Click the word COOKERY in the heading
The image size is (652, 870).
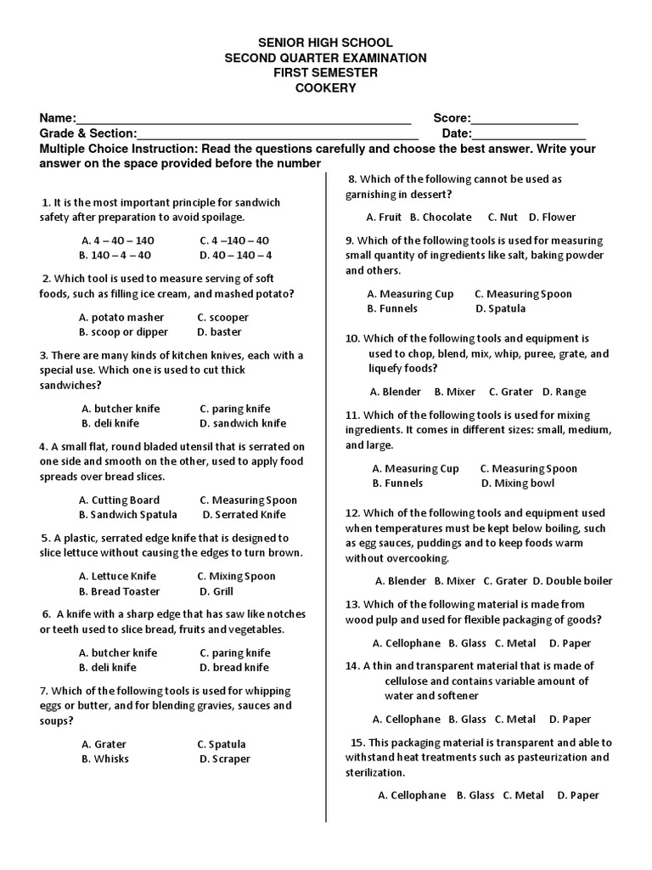(325, 88)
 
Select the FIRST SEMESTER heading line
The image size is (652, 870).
(325, 73)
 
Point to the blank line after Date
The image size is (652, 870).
(528, 134)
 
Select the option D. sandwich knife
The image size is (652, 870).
(243, 423)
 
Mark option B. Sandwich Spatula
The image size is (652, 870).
(128, 514)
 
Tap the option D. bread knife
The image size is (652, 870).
(234, 668)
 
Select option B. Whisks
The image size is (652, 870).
(105, 759)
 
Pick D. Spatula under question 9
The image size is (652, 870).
(500, 308)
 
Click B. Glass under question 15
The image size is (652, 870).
(475, 795)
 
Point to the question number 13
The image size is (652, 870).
(352, 604)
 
